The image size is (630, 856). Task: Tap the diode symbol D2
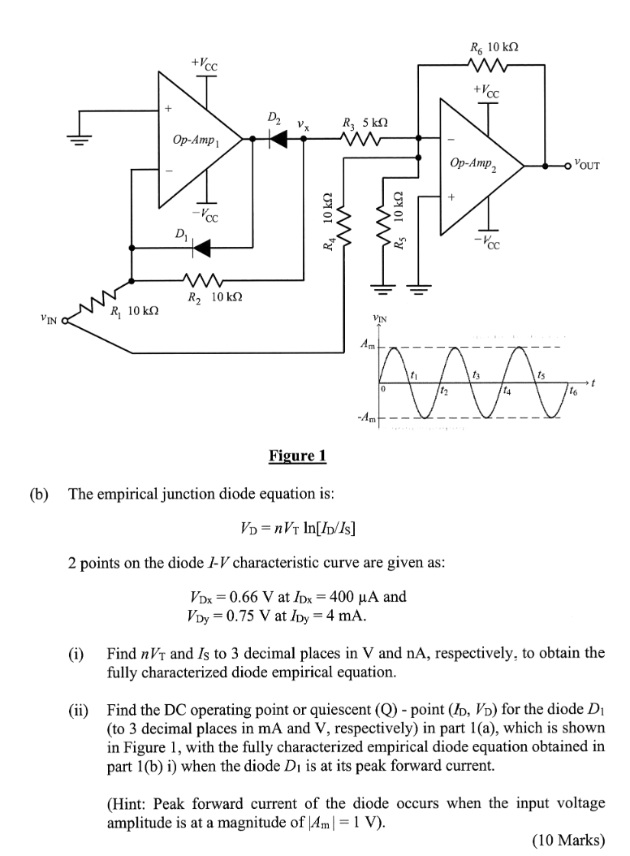(278, 139)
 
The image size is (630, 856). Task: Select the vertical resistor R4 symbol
(343, 228)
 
